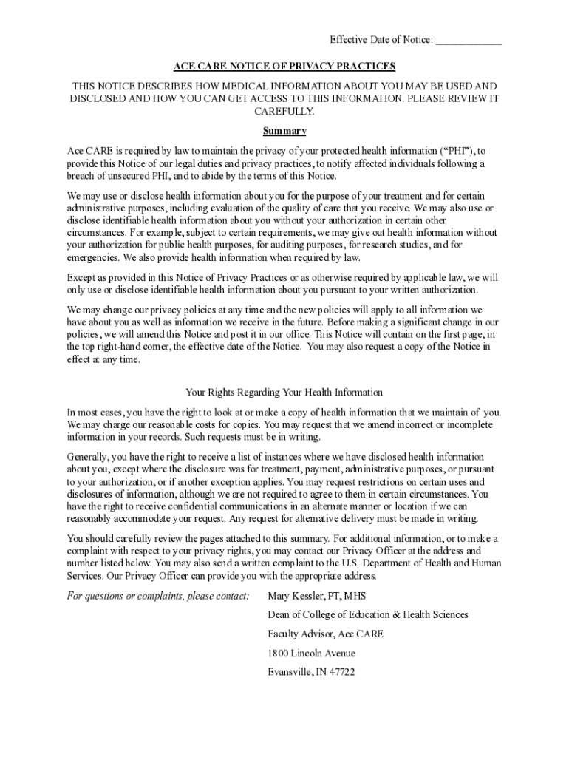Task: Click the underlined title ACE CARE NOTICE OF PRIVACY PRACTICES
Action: [x=284, y=66]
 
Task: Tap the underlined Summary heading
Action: [x=284, y=131]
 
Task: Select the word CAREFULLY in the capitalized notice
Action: [x=284, y=111]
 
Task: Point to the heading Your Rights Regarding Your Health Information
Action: [x=284, y=392]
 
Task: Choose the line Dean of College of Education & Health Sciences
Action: [x=367, y=615]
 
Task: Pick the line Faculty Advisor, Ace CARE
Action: [x=325, y=634]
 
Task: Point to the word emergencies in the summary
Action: [x=93, y=258]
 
